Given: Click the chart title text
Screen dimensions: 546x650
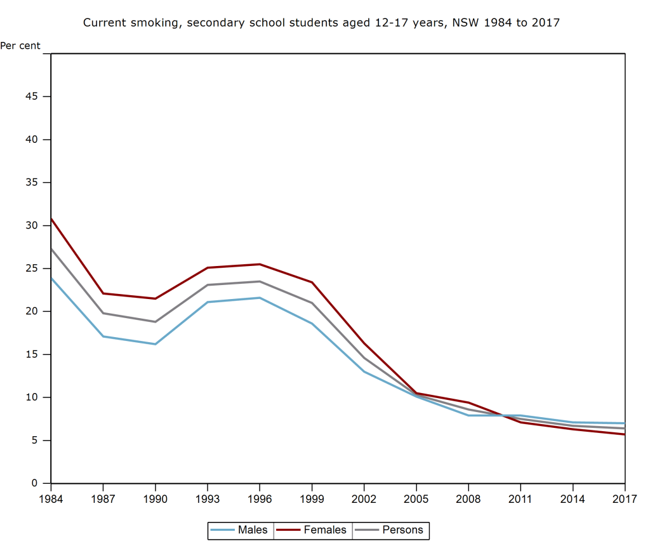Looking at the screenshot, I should [x=321, y=23].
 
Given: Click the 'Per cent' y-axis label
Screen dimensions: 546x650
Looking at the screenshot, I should [x=20, y=46].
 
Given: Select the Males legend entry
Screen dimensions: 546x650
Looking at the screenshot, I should [x=241, y=529].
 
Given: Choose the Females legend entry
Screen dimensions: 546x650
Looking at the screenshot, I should [x=312, y=529].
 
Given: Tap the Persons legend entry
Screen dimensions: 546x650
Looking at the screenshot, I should [x=390, y=529].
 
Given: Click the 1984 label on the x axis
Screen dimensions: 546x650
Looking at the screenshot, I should [x=51, y=499].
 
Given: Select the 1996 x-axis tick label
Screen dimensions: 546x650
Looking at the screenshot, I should [x=260, y=499].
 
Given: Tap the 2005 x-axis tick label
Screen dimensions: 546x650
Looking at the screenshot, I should [x=416, y=499].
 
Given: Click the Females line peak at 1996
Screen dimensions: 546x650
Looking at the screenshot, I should [x=260, y=264].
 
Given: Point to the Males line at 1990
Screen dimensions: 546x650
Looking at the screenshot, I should [x=155, y=344].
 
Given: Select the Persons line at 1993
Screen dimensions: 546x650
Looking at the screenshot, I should [x=208, y=284].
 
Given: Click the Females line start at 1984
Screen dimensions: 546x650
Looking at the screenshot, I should [x=51, y=219].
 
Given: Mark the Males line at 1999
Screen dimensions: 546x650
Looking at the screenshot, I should [x=312, y=323].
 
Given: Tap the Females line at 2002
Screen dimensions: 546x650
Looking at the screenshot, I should [x=364, y=343].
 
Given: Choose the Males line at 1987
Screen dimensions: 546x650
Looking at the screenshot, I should [x=103, y=336].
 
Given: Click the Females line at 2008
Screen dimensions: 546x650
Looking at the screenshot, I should [x=468, y=403].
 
